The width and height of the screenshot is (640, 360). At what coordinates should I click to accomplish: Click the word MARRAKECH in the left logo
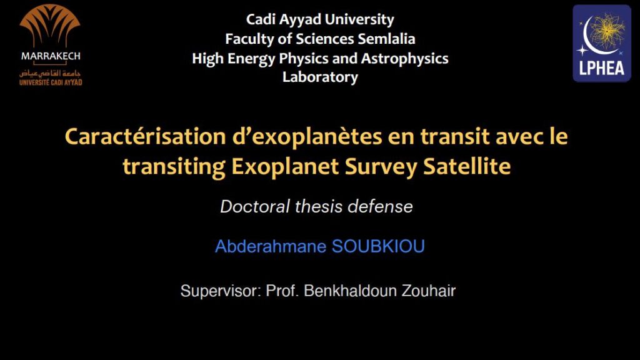(x=51, y=56)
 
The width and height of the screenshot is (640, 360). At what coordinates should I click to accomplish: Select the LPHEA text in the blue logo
(x=602, y=68)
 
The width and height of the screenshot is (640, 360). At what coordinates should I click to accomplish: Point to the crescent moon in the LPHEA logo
(x=592, y=37)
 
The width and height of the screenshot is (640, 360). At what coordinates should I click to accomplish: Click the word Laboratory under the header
(x=320, y=77)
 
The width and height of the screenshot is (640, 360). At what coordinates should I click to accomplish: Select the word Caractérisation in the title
(x=145, y=136)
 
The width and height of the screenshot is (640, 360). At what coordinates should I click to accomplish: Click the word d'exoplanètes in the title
(x=307, y=137)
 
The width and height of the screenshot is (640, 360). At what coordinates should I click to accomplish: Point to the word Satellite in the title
(x=467, y=166)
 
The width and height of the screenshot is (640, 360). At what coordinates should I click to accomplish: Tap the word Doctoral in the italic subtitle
(x=255, y=206)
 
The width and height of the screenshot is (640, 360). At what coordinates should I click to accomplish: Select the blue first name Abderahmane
(x=271, y=246)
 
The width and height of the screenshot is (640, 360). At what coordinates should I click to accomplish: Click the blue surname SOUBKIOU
(x=378, y=246)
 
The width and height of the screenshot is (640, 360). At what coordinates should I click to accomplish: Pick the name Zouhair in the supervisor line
(x=429, y=291)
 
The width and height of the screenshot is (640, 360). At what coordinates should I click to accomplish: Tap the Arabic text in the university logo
(x=51, y=74)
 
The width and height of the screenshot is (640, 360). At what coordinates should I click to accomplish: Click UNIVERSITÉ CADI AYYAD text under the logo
(x=51, y=82)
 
